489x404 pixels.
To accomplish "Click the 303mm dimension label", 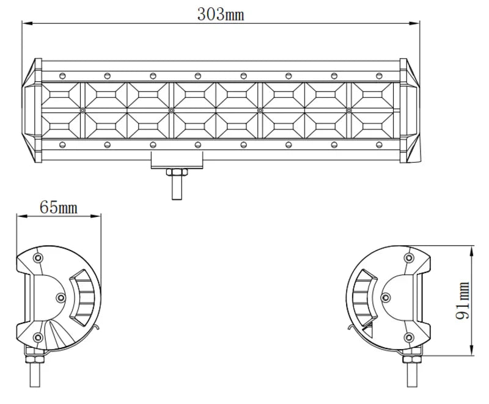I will pos(220,13).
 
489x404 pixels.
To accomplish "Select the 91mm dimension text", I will pos(463,301).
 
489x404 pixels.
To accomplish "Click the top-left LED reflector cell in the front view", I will pos(62,95).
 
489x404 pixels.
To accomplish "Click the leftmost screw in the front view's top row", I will pos(62,75).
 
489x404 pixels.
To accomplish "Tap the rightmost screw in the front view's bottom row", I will pos(378,145).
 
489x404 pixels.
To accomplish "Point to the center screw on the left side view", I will pos(60,297).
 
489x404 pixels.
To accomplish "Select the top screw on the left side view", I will pos(39,257).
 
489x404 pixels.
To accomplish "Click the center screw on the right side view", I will pos(385,297).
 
